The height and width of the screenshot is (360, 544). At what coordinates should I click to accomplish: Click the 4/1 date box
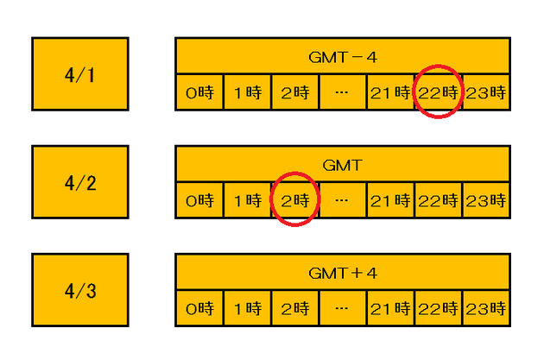(x=80, y=74)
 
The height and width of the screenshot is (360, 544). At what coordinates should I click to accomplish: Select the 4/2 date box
(x=80, y=182)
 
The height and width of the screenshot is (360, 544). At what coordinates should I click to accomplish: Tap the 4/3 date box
(x=80, y=290)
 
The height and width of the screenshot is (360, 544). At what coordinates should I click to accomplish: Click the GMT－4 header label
(x=343, y=57)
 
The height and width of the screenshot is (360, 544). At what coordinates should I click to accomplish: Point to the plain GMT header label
(x=343, y=165)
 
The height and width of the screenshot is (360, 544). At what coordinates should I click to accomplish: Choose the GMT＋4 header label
(x=343, y=274)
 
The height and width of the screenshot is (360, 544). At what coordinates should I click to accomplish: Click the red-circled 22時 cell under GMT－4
(x=438, y=92)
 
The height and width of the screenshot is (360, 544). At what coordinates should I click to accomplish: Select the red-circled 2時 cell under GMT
(x=295, y=200)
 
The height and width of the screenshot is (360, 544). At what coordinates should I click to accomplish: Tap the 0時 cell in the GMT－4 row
(x=199, y=92)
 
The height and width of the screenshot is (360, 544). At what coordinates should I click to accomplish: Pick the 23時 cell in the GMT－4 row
(x=486, y=92)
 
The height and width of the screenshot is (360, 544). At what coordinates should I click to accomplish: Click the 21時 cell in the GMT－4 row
(x=390, y=92)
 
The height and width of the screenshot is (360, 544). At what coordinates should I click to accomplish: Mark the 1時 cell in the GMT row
(x=247, y=200)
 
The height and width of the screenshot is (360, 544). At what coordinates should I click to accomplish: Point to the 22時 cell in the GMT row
(x=438, y=200)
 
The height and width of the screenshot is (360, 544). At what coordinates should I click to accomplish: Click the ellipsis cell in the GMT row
(x=343, y=200)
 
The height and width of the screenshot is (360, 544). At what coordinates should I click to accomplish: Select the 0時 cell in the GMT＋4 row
(x=199, y=308)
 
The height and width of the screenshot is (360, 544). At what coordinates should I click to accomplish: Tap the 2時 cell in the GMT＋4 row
(x=295, y=308)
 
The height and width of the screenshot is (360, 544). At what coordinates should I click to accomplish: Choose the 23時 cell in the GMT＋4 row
(x=486, y=308)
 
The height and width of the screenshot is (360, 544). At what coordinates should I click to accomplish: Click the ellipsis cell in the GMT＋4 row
(x=343, y=308)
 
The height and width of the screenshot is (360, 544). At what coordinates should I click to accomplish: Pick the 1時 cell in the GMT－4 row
(x=247, y=92)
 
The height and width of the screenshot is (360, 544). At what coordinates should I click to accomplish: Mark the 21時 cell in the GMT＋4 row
(x=390, y=308)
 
